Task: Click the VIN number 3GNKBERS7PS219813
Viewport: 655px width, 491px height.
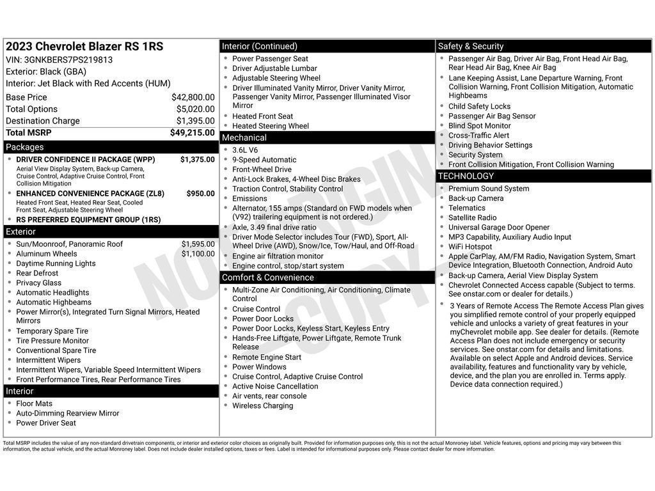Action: coord(68,60)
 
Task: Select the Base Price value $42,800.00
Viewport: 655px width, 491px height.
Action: coord(193,97)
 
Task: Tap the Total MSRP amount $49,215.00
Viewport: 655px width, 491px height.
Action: coord(192,133)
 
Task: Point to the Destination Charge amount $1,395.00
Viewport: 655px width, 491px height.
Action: coord(195,121)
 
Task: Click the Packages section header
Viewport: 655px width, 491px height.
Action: coord(25,147)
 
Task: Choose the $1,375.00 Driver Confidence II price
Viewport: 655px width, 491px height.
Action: coord(197,160)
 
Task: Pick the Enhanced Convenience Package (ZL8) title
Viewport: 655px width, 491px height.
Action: coord(90,194)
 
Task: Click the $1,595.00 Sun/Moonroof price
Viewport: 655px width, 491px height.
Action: coord(198,244)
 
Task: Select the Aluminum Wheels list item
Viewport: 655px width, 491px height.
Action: coord(46,254)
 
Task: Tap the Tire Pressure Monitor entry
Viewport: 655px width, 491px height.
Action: coord(52,341)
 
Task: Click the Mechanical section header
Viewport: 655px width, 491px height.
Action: coord(244,137)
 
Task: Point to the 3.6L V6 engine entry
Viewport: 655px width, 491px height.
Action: coord(245,150)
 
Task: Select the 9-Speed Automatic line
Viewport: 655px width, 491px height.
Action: coord(264,160)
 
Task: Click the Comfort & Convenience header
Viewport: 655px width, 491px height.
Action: coord(268,277)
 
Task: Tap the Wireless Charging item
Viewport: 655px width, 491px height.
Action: coord(262,406)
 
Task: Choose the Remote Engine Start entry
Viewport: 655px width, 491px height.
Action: coord(267,357)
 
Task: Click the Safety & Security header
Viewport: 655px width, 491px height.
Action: coord(471,46)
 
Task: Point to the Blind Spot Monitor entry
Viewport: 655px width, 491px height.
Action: coord(480,126)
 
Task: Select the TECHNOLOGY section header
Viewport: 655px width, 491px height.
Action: coord(466,176)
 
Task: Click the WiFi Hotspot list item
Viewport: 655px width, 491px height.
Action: coord(470,247)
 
